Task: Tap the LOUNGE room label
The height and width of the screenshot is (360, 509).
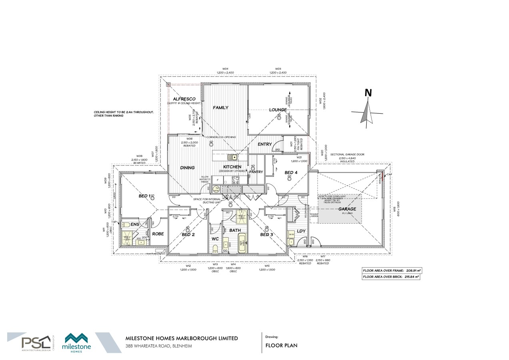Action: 277,110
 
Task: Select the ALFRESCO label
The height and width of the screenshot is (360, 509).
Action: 184,99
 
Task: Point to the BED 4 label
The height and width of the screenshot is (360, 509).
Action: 291,172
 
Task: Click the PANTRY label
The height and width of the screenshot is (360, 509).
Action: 256,172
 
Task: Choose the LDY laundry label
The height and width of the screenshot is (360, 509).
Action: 301,231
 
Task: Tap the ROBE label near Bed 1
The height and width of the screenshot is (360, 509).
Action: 158,234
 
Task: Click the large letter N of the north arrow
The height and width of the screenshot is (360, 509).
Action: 368,93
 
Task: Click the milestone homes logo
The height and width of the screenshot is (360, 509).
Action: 78,342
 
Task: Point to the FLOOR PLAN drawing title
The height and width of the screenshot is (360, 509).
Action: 281,346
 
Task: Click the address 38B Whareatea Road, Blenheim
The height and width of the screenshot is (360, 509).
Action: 159,346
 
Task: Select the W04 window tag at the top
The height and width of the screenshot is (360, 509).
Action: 225,69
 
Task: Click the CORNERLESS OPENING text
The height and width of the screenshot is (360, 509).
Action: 222,137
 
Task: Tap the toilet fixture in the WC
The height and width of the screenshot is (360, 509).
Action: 215,248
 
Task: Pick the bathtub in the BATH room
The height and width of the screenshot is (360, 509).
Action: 243,243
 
